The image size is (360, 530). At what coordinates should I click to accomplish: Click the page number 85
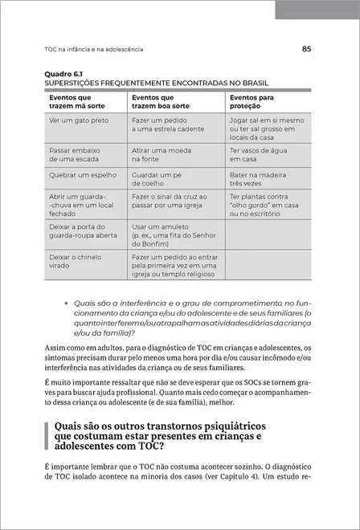coord(306,48)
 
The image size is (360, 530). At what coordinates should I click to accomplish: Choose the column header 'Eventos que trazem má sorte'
coord(76,102)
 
